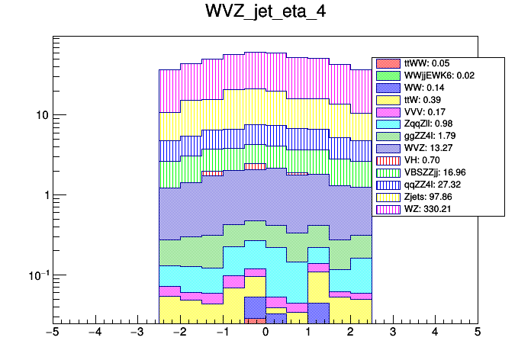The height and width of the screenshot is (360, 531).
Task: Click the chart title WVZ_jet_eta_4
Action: [x=265, y=14]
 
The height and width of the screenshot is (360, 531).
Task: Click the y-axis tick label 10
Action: [x=40, y=115]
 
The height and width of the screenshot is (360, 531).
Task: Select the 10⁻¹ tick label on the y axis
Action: [x=38, y=275]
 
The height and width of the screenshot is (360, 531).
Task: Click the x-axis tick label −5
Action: [x=53, y=333]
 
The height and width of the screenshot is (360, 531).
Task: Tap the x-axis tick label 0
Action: [x=265, y=333]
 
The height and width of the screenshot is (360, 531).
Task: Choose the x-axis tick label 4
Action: [x=435, y=333]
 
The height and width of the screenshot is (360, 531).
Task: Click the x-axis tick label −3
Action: [x=137, y=333]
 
